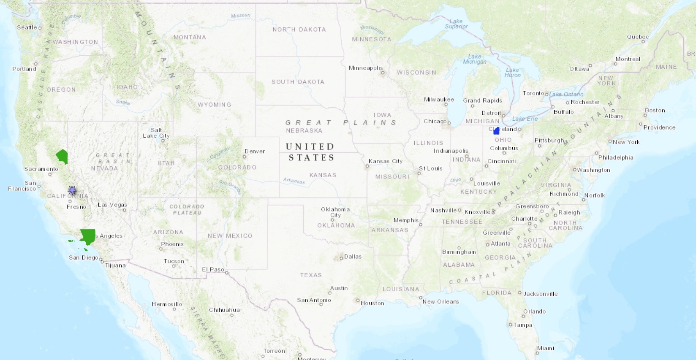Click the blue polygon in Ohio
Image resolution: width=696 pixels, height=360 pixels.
click(x=496, y=131)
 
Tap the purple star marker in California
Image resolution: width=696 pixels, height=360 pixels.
click(x=72, y=190)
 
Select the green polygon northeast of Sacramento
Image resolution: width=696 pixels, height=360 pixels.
click(x=63, y=157)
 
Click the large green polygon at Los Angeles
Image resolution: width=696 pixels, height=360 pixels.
click(x=88, y=236)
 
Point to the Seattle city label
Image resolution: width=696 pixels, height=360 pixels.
click(x=27, y=27)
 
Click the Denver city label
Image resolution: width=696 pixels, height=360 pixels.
click(x=255, y=151)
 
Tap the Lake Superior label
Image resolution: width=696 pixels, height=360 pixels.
click(x=456, y=24)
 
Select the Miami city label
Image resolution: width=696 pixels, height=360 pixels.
click(x=545, y=348)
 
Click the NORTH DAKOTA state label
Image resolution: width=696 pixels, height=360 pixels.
click(x=299, y=30)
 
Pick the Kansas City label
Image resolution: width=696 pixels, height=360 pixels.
click(x=385, y=161)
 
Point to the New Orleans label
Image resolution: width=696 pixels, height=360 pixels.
click(x=440, y=302)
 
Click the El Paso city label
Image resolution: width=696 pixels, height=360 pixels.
click(x=213, y=270)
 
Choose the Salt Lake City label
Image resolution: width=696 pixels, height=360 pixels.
click(x=156, y=133)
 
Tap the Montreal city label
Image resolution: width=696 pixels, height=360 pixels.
click(x=628, y=59)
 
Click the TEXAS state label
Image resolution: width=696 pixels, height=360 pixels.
click(x=311, y=275)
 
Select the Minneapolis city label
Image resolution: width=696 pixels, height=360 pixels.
click(x=365, y=68)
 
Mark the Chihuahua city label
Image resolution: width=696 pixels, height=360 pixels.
click(x=224, y=310)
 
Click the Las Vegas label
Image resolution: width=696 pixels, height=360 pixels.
click(x=112, y=205)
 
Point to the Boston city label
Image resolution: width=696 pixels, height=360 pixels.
click(x=655, y=111)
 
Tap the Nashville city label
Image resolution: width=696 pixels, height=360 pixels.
click(x=443, y=210)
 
